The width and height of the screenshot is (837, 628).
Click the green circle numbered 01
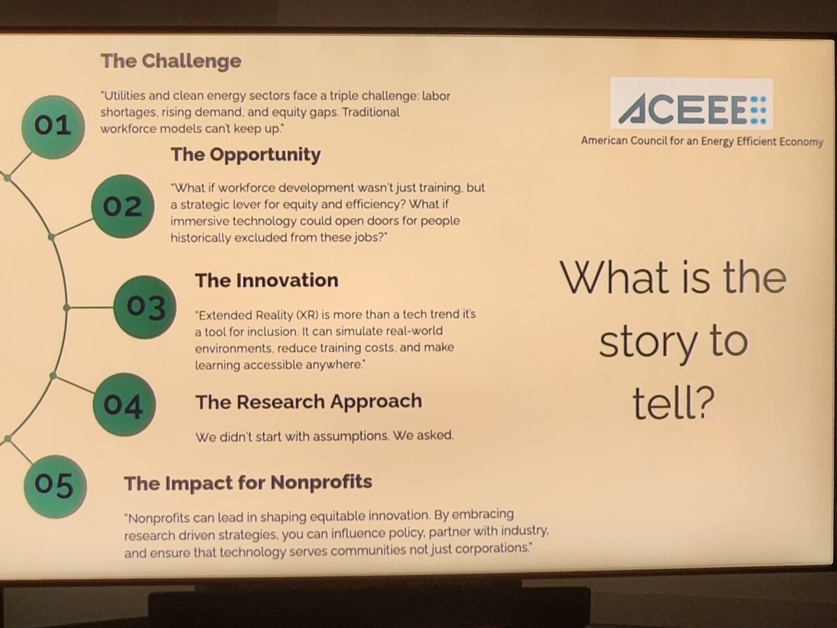[53, 127]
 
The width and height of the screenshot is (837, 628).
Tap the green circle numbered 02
[123, 206]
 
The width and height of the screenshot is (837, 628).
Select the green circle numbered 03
[145, 307]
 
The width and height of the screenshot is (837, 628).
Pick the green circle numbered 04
[124, 404]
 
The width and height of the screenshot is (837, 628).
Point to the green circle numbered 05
[55, 487]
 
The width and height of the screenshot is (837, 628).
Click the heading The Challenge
[171, 61]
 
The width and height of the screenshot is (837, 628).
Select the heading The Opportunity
[246, 155]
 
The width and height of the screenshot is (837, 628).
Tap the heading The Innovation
[267, 280]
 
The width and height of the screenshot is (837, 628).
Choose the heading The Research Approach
[309, 402]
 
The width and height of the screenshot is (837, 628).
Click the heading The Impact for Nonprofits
[248, 482]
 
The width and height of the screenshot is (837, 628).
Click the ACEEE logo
[691, 104]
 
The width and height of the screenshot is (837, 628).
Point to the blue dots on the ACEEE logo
[759, 110]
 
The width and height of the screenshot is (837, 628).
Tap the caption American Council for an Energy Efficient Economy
[702, 141]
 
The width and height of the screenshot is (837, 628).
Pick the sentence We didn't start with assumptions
[292, 436]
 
